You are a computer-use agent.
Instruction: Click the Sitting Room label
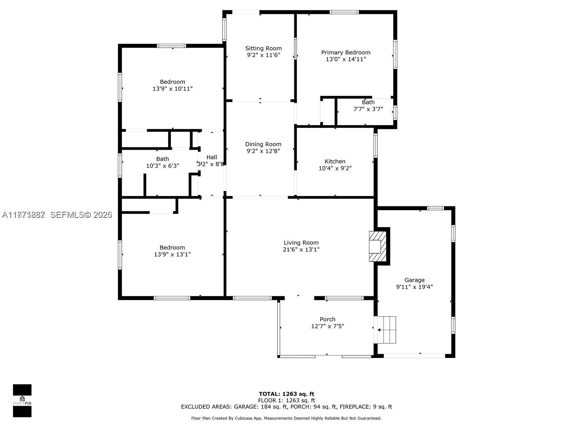pos(263,48)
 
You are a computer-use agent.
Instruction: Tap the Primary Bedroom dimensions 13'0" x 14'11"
pos(346,59)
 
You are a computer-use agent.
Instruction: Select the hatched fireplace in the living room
pos(378,247)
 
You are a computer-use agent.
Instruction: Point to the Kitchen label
pos(335,161)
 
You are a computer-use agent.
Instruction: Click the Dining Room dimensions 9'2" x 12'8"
pos(263,151)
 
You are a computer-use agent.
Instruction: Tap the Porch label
pos(327,319)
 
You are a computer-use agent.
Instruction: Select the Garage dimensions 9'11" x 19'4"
pos(414,287)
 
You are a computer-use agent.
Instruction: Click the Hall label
pos(212,157)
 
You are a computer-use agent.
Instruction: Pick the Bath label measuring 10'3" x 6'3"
pos(162,159)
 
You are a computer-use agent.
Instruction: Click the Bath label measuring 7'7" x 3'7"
pos(368,102)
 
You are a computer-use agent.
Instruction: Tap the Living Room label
pos(301,243)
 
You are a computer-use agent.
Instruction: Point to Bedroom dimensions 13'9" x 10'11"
pos(172,89)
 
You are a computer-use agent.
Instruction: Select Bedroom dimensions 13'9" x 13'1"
pos(172,254)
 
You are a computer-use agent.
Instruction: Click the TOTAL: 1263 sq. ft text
pos(286,394)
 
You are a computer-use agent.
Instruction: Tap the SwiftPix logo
pos(22,401)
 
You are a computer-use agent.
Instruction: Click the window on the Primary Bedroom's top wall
pos(344,12)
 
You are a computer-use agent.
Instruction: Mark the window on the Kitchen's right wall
pos(376,145)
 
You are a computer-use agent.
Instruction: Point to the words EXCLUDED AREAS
pos(206,407)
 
